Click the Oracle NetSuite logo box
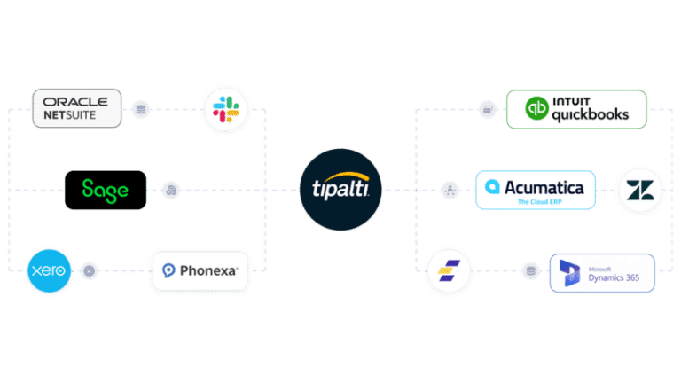[x=75, y=108]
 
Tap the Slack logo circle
[x=226, y=109]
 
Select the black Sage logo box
[x=106, y=190]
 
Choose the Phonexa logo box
[x=200, y=270]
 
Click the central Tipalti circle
[x=340, y=190]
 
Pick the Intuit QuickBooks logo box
[x=576, y=109]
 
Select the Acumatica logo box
[x=535, y=190]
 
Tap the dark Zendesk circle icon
[x=639, y=190]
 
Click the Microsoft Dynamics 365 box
[x=601, y=273]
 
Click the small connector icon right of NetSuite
[x=139, y=110]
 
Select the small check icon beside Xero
[x=89, y=270]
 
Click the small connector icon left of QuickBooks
[x=486, y=110]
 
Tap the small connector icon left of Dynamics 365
[x=530, y=270]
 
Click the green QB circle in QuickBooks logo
[x=536, y=110]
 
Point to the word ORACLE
[x=76, y=101]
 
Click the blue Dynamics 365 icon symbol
[x=568, y=273]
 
